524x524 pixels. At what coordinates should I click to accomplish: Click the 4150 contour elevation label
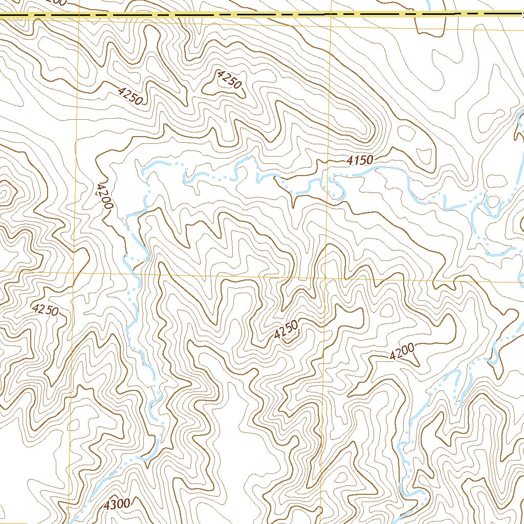(x=359, y=161)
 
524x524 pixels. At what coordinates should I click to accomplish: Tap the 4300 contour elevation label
(x=117, y=505)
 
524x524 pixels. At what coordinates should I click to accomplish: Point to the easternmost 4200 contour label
(x=402, y=352)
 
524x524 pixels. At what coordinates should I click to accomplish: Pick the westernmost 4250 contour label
(x=45, y=310)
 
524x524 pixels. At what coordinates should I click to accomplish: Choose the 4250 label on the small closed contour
(x=229, y=80)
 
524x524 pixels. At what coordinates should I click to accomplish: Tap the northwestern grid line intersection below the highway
(x=77, y=23)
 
